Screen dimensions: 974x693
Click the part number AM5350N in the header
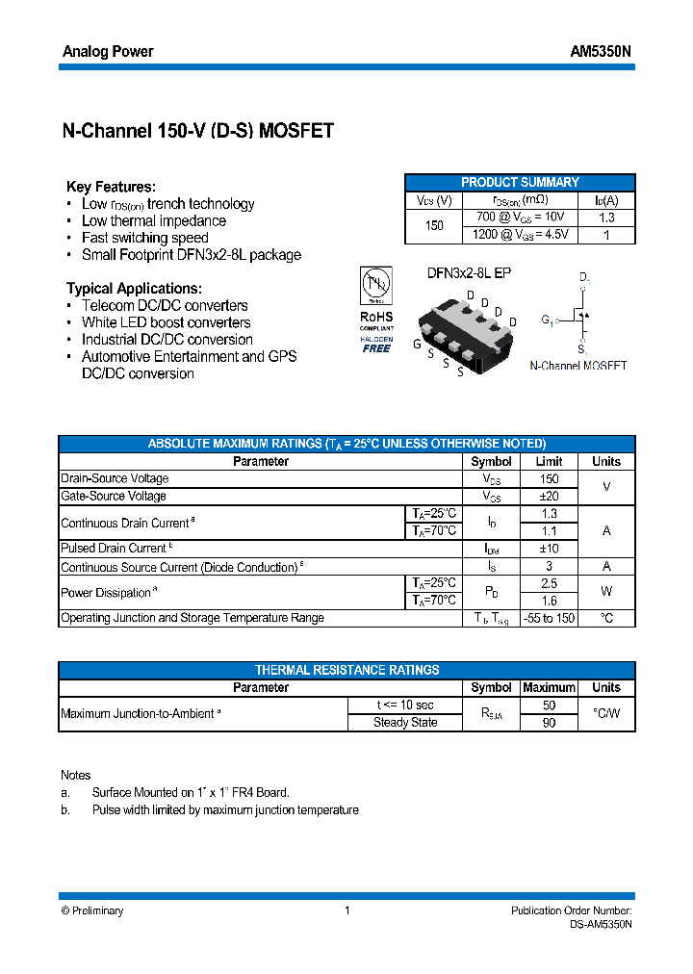click(603, 52)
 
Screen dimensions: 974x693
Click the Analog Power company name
click(108, 52)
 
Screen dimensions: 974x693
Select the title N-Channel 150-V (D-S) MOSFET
click(197, 131)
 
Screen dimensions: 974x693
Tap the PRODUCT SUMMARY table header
click(520, 182)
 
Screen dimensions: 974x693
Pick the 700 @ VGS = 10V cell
click(521, 217)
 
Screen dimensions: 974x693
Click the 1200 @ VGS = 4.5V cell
click(521, 234)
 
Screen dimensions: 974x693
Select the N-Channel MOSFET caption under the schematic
click(578, 366)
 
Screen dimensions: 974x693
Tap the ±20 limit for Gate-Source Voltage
click(549, 496)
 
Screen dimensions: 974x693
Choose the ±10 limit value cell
click(549, 549)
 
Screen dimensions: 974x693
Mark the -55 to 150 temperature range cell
click(549, 618)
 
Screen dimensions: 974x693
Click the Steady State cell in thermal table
click(405, 723)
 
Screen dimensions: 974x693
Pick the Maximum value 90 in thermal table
click(549, 723)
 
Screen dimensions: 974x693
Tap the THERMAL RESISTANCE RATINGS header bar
click(346, 670)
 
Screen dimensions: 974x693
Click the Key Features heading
click(111, 187)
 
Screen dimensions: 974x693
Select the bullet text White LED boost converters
click(166, 322)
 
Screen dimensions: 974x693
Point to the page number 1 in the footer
click(346, 910)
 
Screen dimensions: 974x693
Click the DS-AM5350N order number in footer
click(600, 924)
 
